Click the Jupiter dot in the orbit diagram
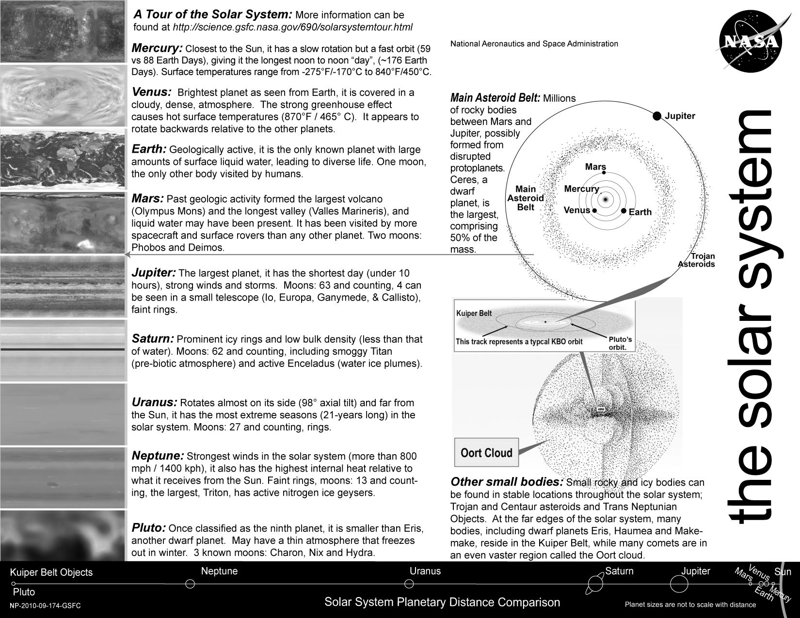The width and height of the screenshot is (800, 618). click(656, 116)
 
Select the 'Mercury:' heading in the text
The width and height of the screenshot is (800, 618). click(157, 48)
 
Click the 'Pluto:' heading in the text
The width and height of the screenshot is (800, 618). click(149, 528)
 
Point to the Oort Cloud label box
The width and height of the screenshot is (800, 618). click(486, 453)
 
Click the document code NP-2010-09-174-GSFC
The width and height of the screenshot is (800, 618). click(45, 606)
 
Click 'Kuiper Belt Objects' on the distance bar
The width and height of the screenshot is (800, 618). click(51, 572)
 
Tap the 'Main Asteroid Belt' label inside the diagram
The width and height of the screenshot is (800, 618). click(526, 198)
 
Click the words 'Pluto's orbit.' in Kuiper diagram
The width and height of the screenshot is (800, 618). click(620, 343)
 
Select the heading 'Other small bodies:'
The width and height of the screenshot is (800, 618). click(507, 482)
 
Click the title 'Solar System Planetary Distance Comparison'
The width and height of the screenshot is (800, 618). click(442, 602)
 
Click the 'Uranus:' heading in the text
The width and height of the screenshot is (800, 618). click(154, 402)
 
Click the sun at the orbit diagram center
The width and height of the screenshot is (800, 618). click(605, 199)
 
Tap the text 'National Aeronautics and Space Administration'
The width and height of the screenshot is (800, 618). click(534, 44)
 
